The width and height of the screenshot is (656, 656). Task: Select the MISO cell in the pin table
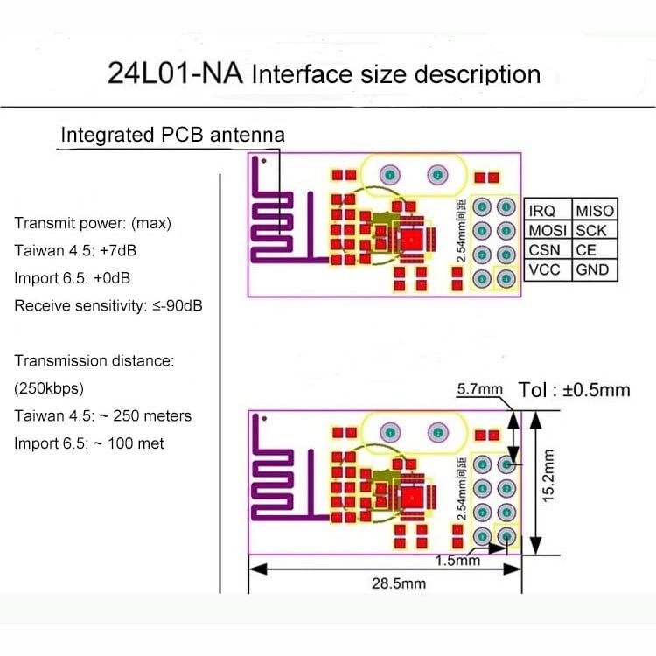(x=595, y=211)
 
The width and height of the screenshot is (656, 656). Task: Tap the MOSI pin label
(x=549, y=230)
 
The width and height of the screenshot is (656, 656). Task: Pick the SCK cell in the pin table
(x=591, y=230)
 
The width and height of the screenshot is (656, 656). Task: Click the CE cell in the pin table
(x=586, y=250)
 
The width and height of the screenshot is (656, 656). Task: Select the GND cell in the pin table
(x=593, y=270)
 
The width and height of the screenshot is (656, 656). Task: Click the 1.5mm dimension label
(x=457, y=561)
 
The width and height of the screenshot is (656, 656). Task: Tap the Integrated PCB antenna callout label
(x=172, y=136)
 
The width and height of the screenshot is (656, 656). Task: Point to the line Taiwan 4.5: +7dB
(x=75, y=250)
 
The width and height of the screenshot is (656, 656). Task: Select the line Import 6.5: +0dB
(x=75, y=278)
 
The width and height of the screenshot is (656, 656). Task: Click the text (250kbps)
(x=49, y=387)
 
